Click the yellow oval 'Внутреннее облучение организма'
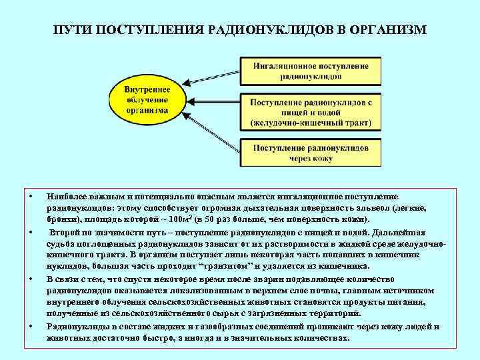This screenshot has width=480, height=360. pos(147,101)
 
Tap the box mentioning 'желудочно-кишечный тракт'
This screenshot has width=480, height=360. pos(310,113)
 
